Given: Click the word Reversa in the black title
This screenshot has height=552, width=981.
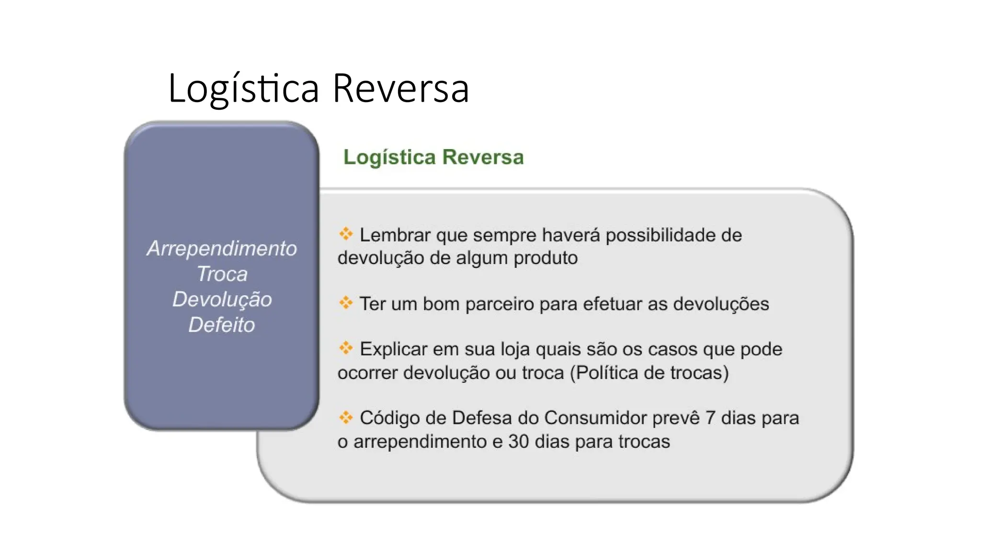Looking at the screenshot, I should click(x=400, y=88).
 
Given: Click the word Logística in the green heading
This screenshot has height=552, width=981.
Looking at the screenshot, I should click(x=389, y=158).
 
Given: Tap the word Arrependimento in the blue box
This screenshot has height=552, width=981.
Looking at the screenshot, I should click(x=222, y=249).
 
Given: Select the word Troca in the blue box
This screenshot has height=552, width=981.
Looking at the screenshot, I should click(x=222, y=274).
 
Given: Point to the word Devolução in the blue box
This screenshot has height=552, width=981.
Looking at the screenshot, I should click(x=222, y=299).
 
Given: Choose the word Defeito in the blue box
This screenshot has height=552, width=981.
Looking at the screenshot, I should click(x=222, y=325).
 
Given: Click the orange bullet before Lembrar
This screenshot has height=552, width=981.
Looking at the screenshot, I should click(x=346, y=234).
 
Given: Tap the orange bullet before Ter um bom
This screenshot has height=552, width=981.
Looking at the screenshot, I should click(x=346, y=302).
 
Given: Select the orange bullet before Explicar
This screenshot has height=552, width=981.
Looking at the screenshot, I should click(x=346, y=347).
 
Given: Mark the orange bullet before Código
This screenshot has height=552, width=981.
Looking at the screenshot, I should click(x=346, y=417).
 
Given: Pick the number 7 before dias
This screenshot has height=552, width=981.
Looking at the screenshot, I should click(x=710, y=418).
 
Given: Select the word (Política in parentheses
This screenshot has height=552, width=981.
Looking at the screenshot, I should click(x=604, y=373).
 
